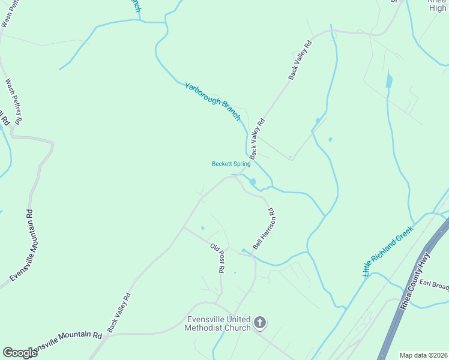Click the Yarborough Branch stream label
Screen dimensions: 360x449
[x=212, y=100]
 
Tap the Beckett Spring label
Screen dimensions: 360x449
[x=231, y=164]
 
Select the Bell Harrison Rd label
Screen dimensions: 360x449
[x=264, y=229]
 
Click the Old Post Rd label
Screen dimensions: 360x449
[x=217, y=258]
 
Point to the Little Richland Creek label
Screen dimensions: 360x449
[x=388, y=251]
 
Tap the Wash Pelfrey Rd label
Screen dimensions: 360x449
[x=13, y=101]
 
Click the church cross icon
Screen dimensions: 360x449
[x=260, y=323]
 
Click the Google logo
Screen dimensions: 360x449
[x=20, y=353]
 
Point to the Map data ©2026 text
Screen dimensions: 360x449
[x=424, y=355]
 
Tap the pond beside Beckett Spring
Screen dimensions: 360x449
[x=253, y=182]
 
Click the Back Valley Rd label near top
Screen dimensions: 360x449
[x=301, y=60]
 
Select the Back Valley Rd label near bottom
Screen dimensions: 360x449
[x=119, y=313]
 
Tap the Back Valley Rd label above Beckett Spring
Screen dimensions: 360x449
[x=257, y=139]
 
